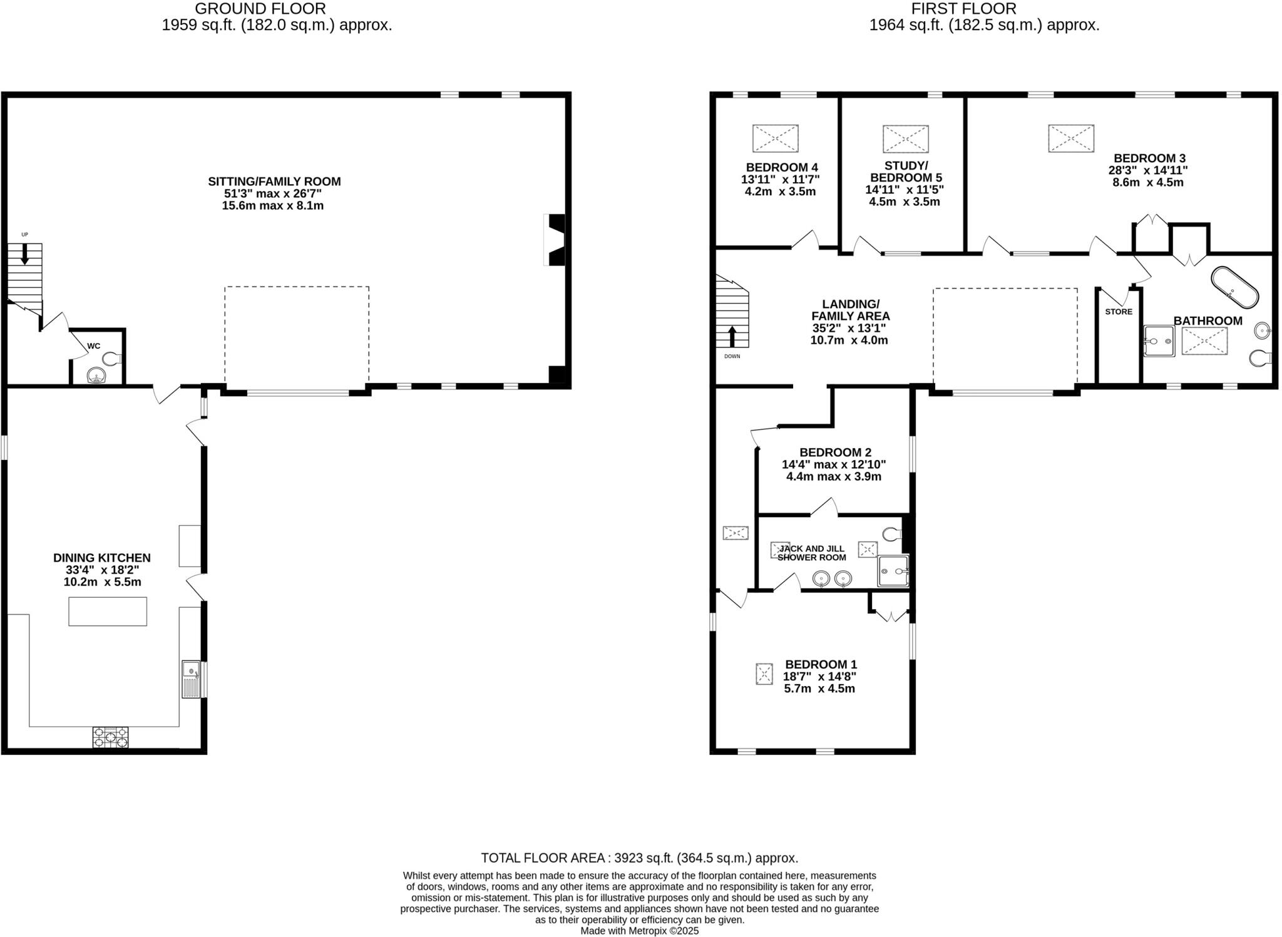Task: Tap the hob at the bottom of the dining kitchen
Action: click(x=110, y=737)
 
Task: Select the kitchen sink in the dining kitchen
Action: click(x=191, y=678)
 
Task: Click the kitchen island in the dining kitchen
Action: click(x=108, y=611)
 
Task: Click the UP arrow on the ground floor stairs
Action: click(x=25, y=253)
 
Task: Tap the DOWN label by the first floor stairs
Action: click(x=732, y=356)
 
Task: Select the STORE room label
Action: click(x=1119, y=312)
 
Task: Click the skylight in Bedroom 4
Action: click(x=775, y=138)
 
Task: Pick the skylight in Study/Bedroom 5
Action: click(x=905, y=139)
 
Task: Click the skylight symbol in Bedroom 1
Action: click(x=764, y=674)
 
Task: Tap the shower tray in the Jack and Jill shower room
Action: click(x=892, y=571)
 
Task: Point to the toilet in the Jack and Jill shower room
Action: click(x=892, y=534)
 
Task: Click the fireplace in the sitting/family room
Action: click(x=556, y=240)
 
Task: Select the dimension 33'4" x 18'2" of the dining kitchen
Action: click(x=102, y=570)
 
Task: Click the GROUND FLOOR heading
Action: click(x=260, y=9)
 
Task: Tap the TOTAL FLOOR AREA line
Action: click(x=639, y=858)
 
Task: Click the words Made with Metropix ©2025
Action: click(x=639, y=931)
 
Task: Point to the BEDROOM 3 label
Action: click(x=1149, y=158)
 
